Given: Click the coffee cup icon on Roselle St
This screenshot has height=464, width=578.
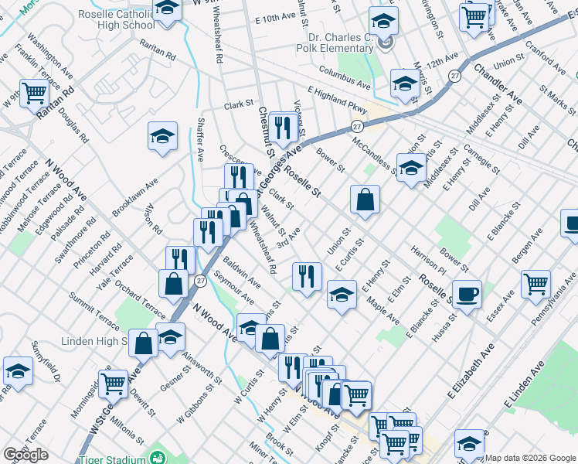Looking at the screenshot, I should (x=467, y=294).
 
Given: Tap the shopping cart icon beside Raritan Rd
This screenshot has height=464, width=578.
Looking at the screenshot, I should (x=35, y=94).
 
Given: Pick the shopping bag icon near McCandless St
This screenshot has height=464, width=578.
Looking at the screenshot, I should (x=365, y=199).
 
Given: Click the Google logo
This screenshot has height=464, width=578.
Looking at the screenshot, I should (x=25, y=455).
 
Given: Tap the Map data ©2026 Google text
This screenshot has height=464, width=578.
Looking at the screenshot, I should (x=530, y=458).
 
